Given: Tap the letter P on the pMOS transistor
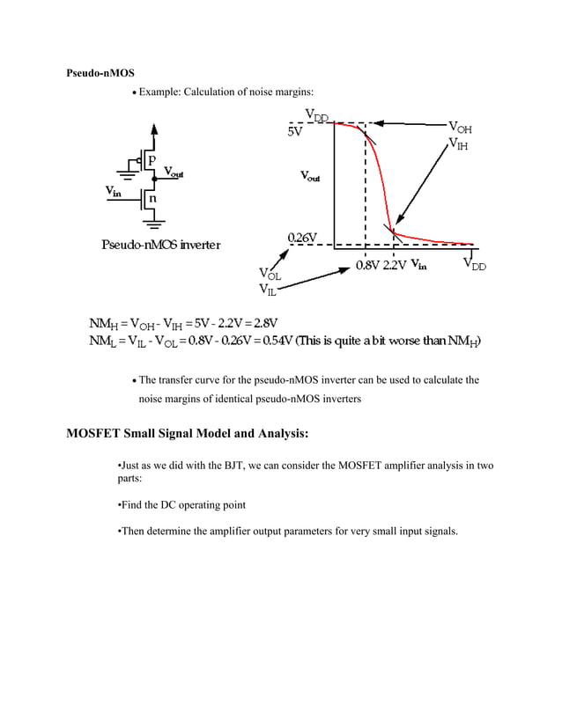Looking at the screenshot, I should click(x=151, y=160).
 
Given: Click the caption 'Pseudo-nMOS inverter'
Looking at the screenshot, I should click(x=161, y=244).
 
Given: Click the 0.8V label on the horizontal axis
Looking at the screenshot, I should click(x=366, y=265).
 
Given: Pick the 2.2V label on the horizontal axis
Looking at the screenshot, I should click(x=395, y=265).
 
